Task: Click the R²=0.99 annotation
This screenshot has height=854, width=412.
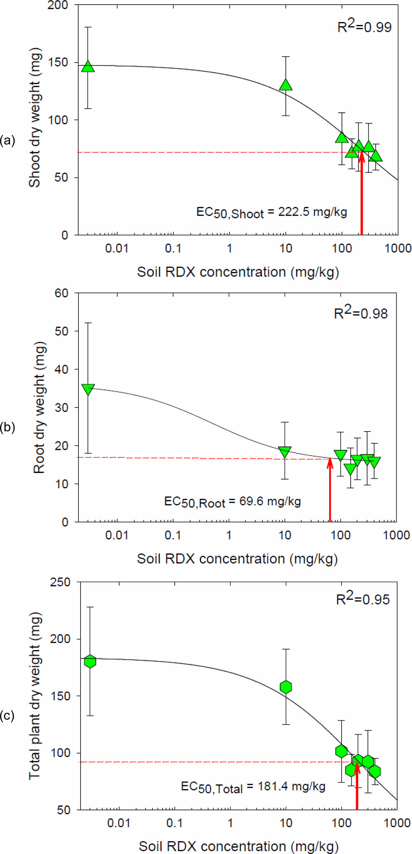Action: pos(364,26)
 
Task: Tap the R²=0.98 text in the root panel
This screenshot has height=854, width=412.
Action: pos(361,313)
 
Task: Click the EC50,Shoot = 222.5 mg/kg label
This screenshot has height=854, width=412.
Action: pos(271,213)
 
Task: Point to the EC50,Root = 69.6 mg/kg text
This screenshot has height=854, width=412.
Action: pos(232,502)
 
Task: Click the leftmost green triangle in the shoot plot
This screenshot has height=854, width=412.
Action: pos(88,66)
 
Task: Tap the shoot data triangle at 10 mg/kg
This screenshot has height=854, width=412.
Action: pos(286,85)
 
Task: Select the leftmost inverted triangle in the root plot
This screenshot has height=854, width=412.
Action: pos(88,389)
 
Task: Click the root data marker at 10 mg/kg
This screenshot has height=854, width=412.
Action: pos(285,452)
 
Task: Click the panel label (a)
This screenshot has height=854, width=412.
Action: pos(7,140)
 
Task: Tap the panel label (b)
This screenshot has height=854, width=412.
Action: pos(7,427)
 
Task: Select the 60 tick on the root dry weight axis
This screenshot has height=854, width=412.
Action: pos(61,293)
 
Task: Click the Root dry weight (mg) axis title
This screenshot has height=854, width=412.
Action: pos(39,407)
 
